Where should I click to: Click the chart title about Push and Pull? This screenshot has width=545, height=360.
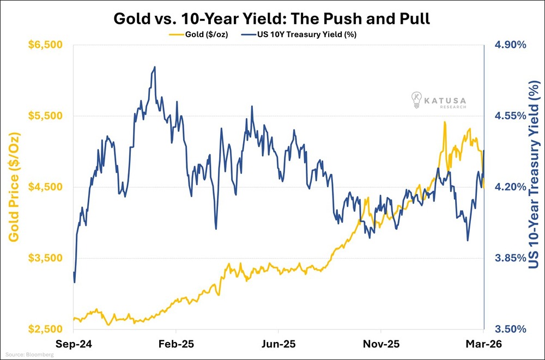(272, 19)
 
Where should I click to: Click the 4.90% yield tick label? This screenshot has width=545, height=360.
(510, 45)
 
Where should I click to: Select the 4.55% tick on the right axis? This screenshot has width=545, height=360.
(510, 116)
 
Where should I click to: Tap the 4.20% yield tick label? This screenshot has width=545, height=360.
(510, 187)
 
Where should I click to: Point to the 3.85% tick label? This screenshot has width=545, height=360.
(510, 258)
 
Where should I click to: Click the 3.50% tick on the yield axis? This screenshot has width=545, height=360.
(510, 330)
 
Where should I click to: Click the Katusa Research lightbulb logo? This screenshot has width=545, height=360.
(417, 100)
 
